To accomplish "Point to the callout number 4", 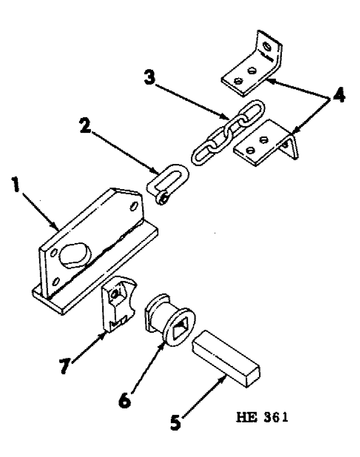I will [x=339, y=96].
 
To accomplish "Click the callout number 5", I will [x=175, y=420].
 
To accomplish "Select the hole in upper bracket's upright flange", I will [x=269, y=47].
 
